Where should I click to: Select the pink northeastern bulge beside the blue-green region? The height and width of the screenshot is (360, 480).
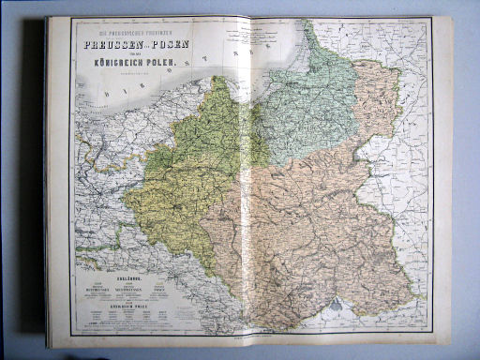click(x=375, y=94)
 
